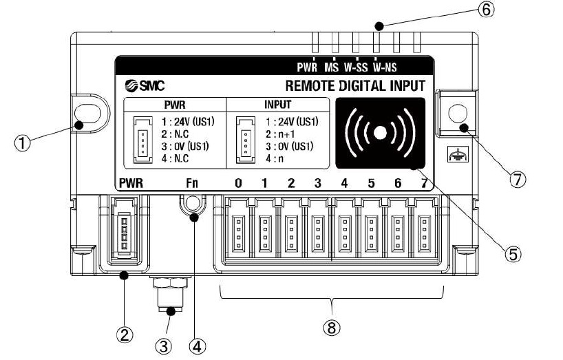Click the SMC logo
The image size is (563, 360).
[142, 86]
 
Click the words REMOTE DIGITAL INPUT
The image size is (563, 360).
[354, 86]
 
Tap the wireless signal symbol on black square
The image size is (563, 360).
[379, 132]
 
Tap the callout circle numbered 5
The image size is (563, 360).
[512, 253]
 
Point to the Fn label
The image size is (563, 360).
[192, 184]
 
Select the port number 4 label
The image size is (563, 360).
[344, 184]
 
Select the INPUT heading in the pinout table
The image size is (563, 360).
[277, 106]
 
